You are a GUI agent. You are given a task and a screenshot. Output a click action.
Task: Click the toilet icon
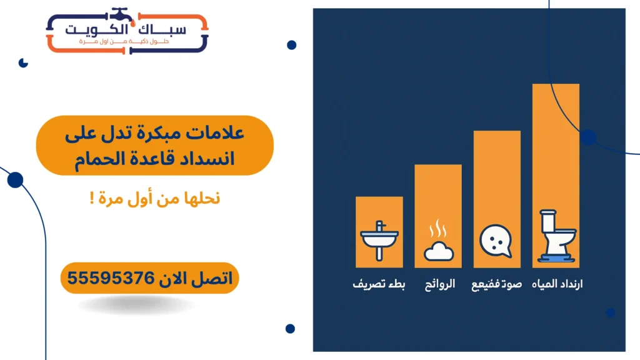tap(557, 235)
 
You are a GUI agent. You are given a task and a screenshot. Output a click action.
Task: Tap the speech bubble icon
tap(496, 240)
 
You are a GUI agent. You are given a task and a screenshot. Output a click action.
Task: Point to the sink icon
tap(379, 239)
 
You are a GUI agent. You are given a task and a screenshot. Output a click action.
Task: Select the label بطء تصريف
tap(379, 284)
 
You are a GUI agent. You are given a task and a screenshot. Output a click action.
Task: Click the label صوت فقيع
tap(497, 284)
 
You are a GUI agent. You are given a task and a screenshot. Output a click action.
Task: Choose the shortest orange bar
tap(379, 212)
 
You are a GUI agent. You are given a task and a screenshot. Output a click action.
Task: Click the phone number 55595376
tap(111, 278)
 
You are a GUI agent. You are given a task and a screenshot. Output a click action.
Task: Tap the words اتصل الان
tap(194, 278)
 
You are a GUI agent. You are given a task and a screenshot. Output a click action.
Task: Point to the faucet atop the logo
tap(117, 13)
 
